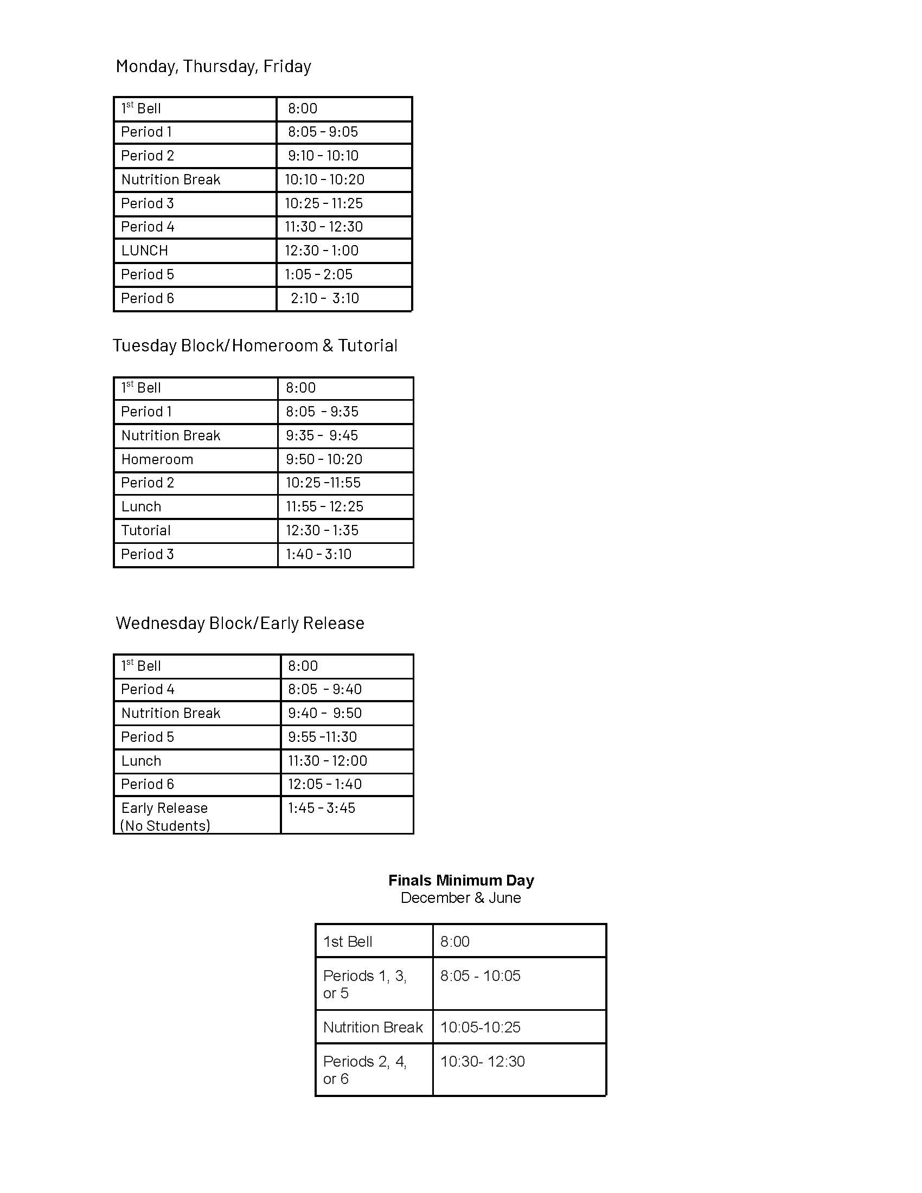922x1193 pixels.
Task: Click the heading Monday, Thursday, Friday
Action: coord(213,67)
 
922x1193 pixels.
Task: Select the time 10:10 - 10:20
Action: coord(324,179)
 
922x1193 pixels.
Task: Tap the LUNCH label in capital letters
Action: coord(145,251)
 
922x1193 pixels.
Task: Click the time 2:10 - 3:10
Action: coord(325,298)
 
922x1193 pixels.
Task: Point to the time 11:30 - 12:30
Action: coord(324,227)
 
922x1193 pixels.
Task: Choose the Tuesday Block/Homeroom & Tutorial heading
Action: coord(255,346)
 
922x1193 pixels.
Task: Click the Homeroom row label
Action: coord(157,459)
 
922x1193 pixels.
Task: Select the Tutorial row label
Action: coord(146,530)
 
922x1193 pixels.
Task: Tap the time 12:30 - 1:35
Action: coord(322,530)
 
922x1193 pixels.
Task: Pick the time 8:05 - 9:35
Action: coord(322,412)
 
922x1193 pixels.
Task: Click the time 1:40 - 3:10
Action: coord(319,554)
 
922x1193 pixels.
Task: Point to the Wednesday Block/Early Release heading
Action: coord(240,623)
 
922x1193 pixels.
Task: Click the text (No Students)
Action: coord(165,825)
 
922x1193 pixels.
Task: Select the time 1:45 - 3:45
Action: coord(322,808)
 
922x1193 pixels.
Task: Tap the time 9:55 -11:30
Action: coord(323,737)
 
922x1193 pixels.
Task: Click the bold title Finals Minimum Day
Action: coord(461,880)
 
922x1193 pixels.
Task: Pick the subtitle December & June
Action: coord(461,898)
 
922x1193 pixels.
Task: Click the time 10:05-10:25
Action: coord(481,1028)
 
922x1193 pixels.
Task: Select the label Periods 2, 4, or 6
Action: coord(365,1070)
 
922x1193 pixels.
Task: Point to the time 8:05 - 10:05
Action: coord(481,976)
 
